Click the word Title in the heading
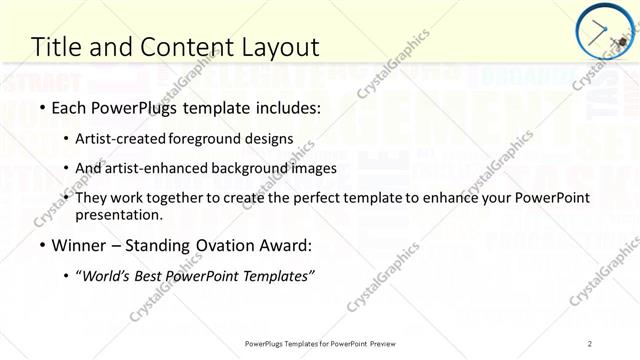[56, 47]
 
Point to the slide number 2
[590, 343]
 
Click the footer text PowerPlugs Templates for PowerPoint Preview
[320, 343]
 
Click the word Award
[286, 245]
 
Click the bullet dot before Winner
[41, 246]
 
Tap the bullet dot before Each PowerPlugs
[41, 109]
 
